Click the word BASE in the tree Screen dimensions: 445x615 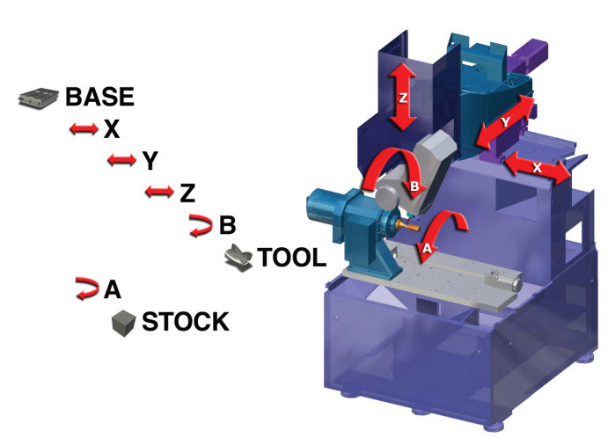tap(99, 97)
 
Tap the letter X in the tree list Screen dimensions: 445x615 tap(111, 130)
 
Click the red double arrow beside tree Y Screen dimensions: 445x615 tap(121, 160)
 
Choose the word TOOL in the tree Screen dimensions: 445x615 tap(291, 258)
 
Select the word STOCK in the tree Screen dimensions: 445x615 tap(186, 322)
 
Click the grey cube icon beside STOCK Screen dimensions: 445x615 tap(123, 323)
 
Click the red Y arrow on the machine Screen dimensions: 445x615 tap(505, 123)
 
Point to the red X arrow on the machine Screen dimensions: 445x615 tap(536, 166)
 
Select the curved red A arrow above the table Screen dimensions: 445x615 tap(437, 233)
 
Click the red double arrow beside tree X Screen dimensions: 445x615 tap(84, 129)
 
